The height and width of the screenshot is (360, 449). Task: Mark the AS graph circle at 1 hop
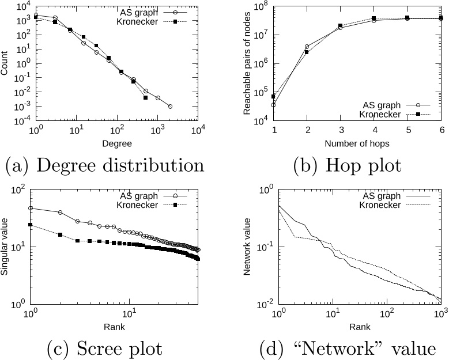(273, 104)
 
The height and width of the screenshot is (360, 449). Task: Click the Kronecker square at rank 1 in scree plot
(31, 225)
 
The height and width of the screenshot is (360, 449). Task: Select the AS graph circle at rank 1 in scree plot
(31, 208)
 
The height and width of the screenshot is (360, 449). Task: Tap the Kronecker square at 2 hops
(307, 52)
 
